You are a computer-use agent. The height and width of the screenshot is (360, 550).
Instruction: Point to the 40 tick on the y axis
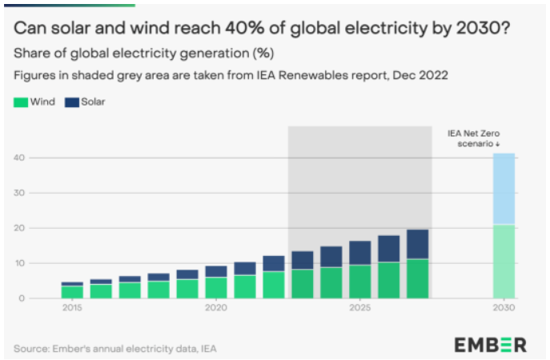21,158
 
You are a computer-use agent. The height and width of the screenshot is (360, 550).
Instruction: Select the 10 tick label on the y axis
21,263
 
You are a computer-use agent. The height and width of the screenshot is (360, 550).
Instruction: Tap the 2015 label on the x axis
72,308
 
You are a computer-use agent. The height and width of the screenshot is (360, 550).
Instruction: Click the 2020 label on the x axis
216,308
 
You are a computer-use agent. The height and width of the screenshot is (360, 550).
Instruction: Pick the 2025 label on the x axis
360,308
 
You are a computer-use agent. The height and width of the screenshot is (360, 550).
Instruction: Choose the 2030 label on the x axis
504,308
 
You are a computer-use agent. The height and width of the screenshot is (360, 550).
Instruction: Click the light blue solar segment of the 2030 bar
504,189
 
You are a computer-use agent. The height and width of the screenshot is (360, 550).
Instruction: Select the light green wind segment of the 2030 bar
504,261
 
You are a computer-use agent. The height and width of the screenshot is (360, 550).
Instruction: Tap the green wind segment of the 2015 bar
72,291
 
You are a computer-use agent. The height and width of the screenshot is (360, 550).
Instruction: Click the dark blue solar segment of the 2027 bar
417,244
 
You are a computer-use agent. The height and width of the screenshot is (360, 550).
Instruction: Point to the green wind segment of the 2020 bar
216,287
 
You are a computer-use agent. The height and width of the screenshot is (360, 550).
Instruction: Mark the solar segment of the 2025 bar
360,252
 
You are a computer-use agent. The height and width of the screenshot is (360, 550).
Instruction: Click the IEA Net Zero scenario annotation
475,138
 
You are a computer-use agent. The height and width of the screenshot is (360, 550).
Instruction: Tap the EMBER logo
491,345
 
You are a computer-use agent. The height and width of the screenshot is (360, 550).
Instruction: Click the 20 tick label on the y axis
21,228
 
